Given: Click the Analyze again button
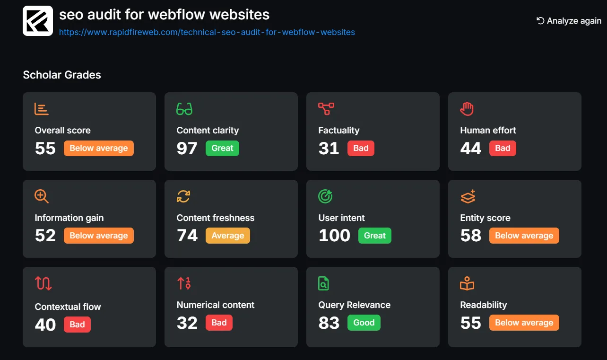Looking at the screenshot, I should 569,21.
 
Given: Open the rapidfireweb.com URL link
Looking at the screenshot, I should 207,33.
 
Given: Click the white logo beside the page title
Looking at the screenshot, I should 38,21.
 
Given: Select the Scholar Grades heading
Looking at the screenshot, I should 62,75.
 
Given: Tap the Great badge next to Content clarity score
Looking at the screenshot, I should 222,148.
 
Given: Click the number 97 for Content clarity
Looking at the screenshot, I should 187,149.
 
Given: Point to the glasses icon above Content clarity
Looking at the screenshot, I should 184,109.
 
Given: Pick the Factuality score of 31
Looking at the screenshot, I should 329,149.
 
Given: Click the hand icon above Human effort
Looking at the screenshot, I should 467,109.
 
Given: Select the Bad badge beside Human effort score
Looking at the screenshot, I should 503,148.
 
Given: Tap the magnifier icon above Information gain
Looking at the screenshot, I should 42,196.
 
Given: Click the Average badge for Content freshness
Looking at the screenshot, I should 227,236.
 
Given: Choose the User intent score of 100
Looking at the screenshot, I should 334,236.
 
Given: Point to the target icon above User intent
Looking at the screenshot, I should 325,196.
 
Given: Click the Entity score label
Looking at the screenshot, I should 485,218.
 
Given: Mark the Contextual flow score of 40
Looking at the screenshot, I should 45,325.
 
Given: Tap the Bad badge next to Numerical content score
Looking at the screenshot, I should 219,323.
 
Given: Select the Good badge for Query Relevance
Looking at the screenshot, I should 364,323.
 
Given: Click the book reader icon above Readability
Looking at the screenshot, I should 467,283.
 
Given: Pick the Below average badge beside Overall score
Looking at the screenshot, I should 99,148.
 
